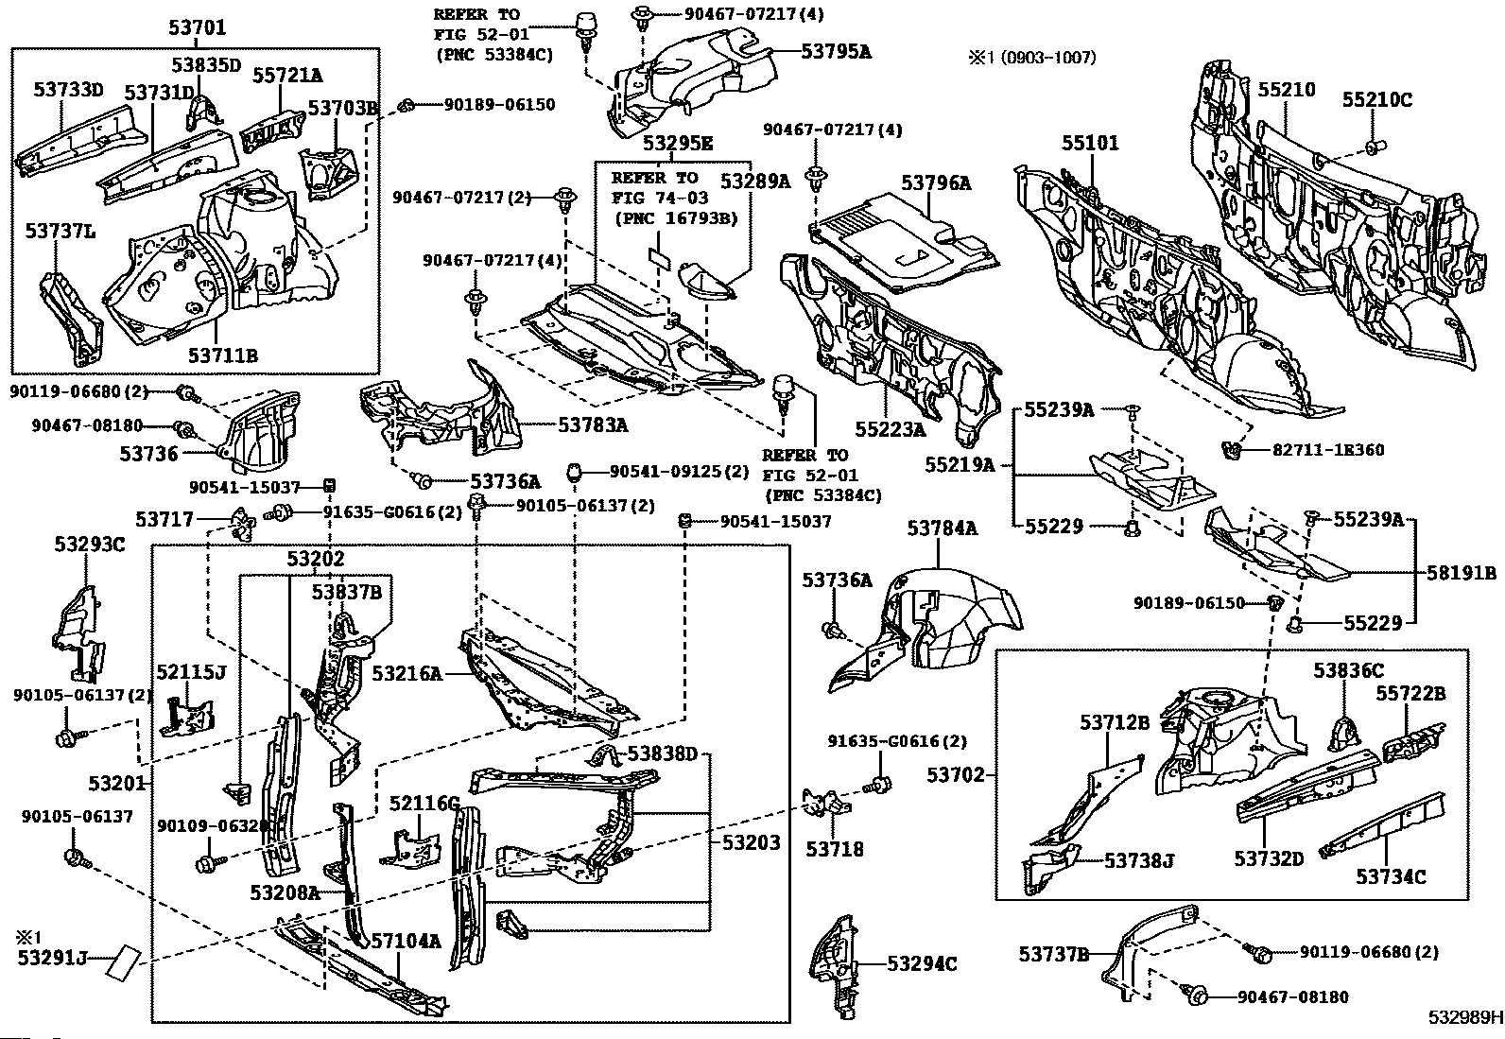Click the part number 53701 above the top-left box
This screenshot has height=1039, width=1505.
pyautogui.click(x=197, y=27)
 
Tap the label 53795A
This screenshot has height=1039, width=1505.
pyautogui.click(x=837, y=51)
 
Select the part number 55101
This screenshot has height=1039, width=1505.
pyautogui.click(x=1090, y=143)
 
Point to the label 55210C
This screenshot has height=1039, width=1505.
pyautogui.click(x=1377, y=99)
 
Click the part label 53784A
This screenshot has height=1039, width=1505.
pyautogui.click(x=943, y=528)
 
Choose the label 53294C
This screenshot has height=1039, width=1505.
pyautogui.click(x=922, y=963)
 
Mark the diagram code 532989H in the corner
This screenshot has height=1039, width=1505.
pyautogui.click(x=1465, y=1017)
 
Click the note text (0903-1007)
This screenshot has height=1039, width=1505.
pyautogui.click(x=1048, y=58)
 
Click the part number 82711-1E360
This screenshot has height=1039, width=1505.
pyautogui.click(x=1328, y=450)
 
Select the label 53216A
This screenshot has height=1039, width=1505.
pyautogui.click(x=407, y=673)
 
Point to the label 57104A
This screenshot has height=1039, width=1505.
pyautogui.click(x=406, y=941)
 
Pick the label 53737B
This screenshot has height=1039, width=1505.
pyautogui.click(x=1053, y=954)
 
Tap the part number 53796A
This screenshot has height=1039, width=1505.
pyautogui.click(x=936, y=182)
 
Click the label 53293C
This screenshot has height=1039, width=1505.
pyautogui.click(x=90, y=545)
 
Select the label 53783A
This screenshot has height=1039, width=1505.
pyautogui.click(x=594, y=424)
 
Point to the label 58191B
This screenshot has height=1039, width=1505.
pyautogui.click(x=1462, y=573)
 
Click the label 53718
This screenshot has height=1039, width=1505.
pyautogui.click(x=835, y=849)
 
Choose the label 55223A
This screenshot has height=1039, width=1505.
pyautogui.click(x=891, y=429)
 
